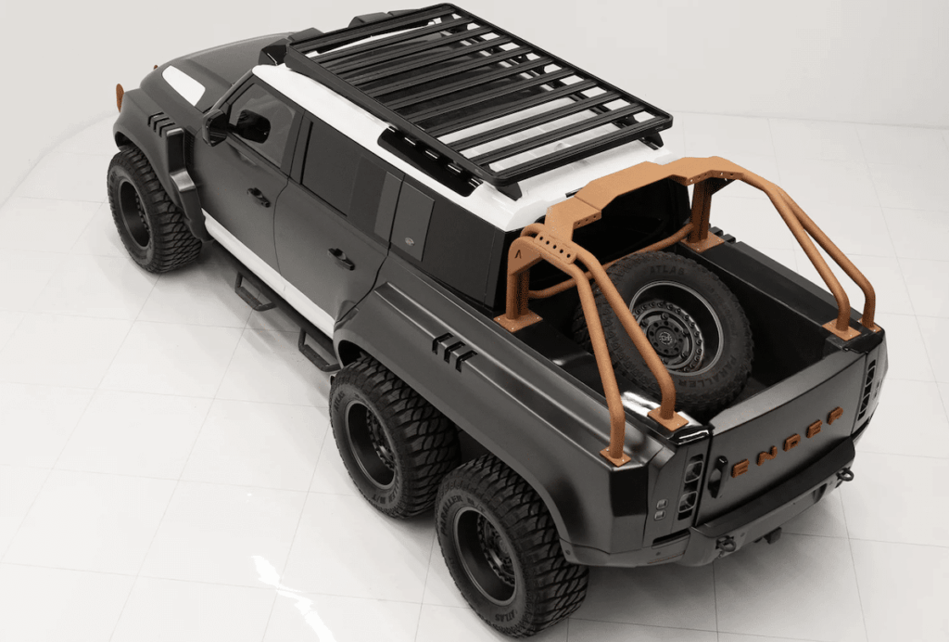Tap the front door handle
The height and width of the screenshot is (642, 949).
pyautogui.click(x=259, y=197)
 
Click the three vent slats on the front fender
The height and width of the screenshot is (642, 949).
pyautogui.click(x=159, y=123)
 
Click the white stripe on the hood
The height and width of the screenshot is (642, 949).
pyautogui.click(x=183, y=84)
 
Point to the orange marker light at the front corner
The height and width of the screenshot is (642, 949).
pyautogui.click(x=120, y=95)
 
